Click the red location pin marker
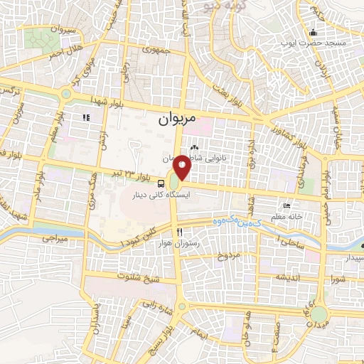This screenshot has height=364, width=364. tap(182, 166)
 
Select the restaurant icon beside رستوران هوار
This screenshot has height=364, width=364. tap(179, 232)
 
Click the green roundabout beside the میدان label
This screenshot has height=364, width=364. tap(319, 314)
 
